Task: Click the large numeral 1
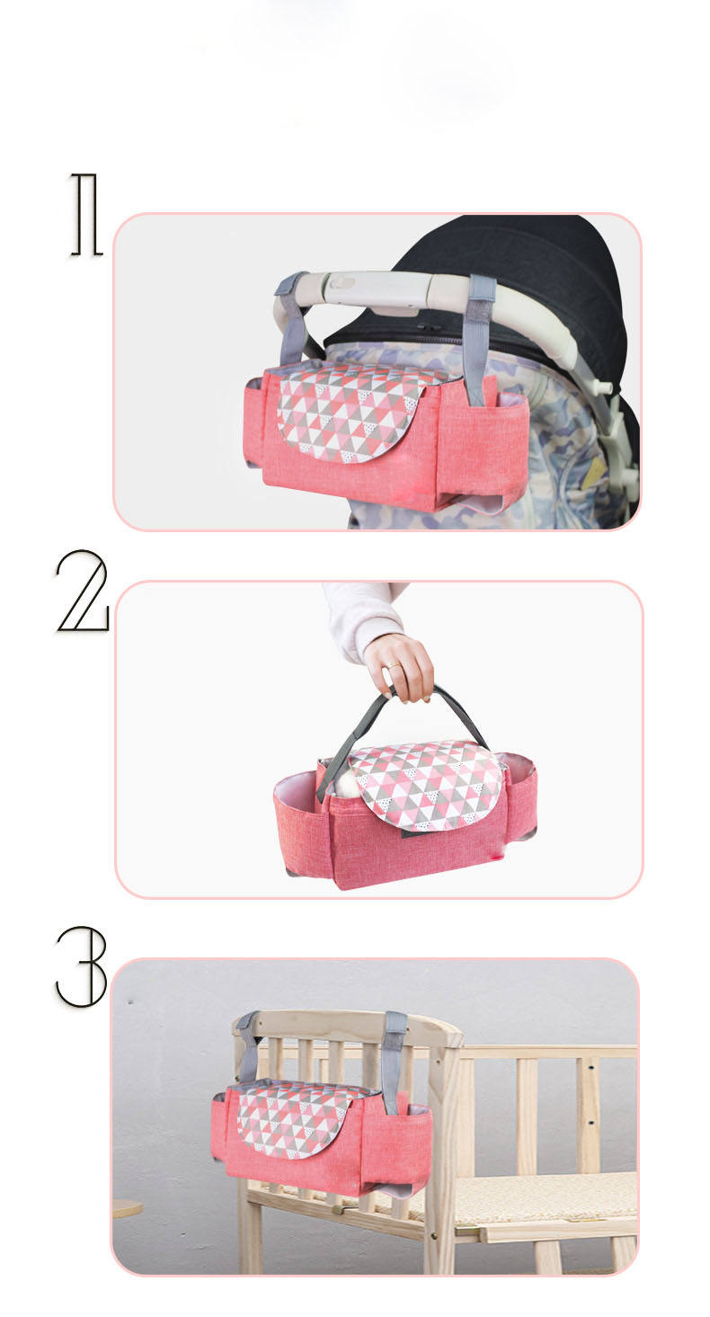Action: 87,214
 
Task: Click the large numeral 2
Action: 83,591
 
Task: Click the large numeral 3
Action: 82,966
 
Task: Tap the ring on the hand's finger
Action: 392,665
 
